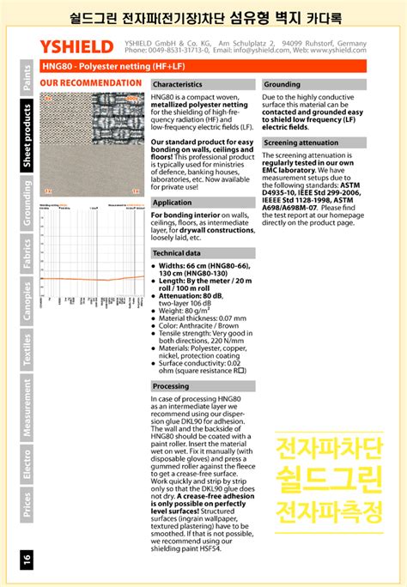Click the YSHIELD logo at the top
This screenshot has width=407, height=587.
click(76, 46)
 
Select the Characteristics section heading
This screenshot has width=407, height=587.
click(178, 85)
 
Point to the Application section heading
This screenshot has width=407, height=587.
click(172, 203)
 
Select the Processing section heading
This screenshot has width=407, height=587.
click(171, 387)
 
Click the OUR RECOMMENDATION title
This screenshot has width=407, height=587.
click(90, 83)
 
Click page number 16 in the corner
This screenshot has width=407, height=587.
click(27, 560)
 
